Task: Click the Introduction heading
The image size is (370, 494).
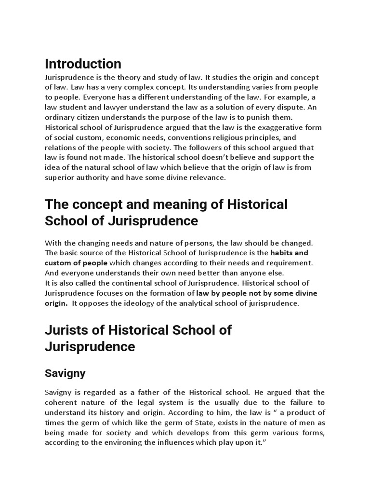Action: point(83,64)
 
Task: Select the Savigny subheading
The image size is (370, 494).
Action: point(65,373)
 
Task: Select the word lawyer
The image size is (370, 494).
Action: point(113,107)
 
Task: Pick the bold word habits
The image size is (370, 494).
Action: point(283,253)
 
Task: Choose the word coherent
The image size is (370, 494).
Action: point(63,402)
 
